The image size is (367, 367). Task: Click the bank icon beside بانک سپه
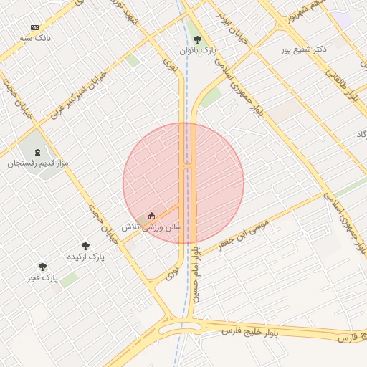(35, 27)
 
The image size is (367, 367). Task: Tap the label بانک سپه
(35, 38)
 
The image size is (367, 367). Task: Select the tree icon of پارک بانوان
(197, 40)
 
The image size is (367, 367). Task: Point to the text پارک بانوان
(197, 51)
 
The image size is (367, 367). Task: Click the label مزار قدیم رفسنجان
(37, 163)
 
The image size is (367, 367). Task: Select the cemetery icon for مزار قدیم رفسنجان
(37, 152)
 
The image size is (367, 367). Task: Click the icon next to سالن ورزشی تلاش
(151, 216)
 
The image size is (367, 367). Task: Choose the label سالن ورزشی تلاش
(151, 227)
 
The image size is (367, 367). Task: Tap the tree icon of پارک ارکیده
(85, 246)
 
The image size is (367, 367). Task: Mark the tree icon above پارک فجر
(42, 267)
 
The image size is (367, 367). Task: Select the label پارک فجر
(42, 277)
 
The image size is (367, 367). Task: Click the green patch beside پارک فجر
(69, 280)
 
